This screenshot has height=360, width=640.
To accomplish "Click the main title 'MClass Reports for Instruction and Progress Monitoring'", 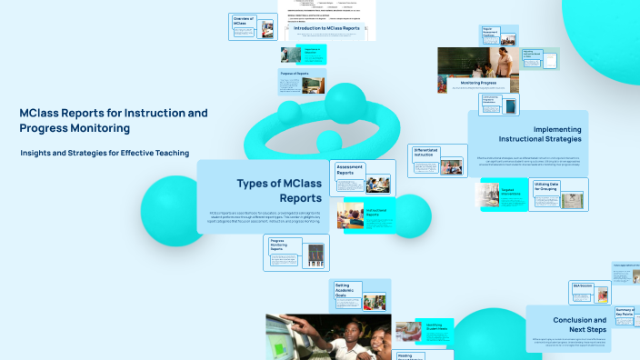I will click(114, 121).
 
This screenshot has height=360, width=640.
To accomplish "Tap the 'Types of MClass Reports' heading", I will click(279, 190).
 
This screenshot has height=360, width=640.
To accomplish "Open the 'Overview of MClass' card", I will click(243, 19).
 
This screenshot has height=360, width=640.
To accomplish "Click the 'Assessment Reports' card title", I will click(350, 171).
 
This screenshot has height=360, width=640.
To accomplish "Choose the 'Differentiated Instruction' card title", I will click(425, 153).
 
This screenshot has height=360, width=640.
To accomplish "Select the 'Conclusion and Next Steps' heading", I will click(579, 325).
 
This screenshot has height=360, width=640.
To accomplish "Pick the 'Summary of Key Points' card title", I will click(625, 315).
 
